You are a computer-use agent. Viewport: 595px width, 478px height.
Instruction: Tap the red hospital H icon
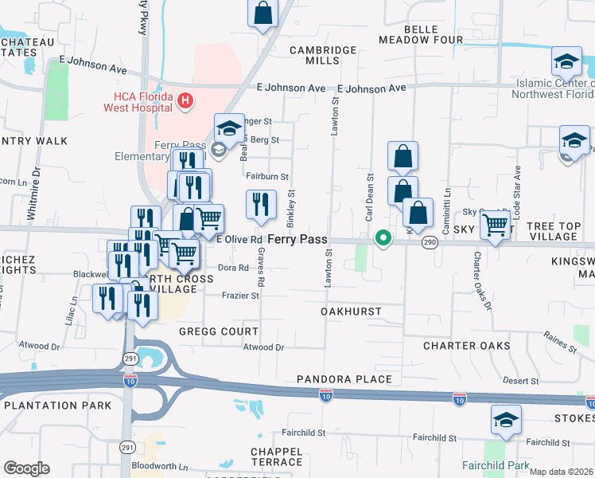(185, 100)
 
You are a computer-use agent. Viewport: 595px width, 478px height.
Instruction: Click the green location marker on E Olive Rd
(383, 238)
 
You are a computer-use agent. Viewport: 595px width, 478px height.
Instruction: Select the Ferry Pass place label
(297, 239)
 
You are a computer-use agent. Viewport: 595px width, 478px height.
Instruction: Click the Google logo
(26, 468)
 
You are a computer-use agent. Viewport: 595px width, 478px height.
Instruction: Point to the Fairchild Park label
(492, 464)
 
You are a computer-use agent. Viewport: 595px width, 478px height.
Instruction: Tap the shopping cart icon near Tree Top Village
(495, 226)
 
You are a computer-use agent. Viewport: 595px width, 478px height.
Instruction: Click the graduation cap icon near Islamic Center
(566, 61)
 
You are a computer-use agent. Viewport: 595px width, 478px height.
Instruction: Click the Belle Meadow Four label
(433, 34)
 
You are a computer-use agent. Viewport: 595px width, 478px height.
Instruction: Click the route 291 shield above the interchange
(130, 359)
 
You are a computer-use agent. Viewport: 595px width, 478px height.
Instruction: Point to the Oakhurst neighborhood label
(352, 311)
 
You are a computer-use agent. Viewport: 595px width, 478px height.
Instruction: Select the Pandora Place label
(344, 379)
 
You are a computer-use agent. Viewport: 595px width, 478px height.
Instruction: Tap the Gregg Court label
(219, 331)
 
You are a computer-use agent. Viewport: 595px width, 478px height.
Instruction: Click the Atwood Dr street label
(263, 347)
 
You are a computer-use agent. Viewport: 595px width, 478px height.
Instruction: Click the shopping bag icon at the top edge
(262, 13)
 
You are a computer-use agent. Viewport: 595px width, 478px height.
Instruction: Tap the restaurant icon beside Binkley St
(261, 206)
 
